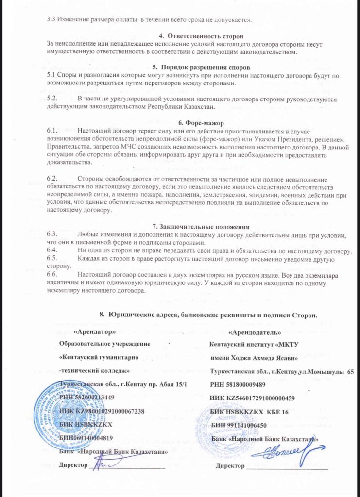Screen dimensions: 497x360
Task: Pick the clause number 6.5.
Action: (52, 258)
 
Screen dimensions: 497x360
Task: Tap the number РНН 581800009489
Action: (238, 385)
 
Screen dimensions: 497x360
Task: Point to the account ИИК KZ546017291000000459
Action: (253, 398)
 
